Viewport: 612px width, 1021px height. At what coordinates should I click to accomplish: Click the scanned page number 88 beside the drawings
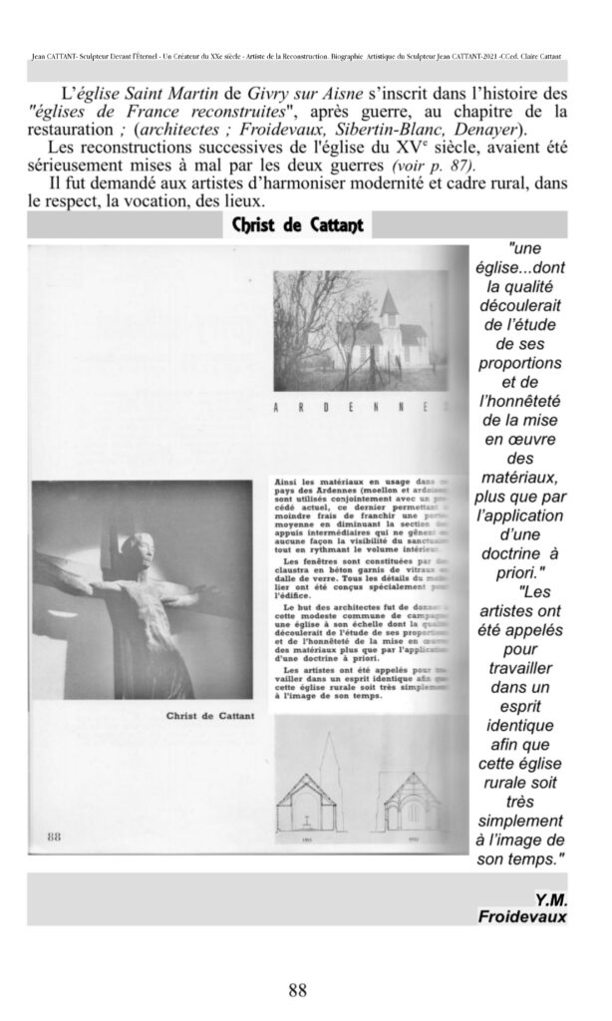coord(55,836)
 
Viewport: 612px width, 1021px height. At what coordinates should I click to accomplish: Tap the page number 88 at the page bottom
coord(297,989)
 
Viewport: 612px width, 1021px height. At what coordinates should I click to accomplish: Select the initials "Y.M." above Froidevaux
coord(550,898)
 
